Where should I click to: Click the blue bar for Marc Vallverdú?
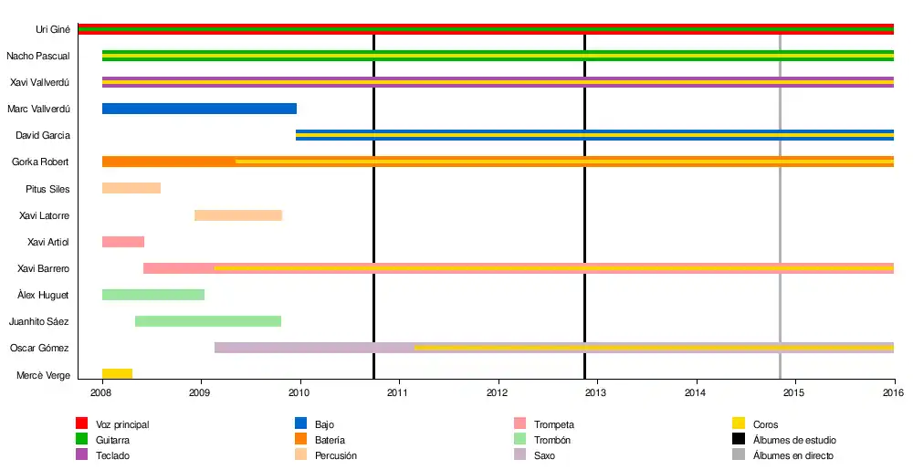click(199, 109)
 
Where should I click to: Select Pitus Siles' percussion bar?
click(131, 189)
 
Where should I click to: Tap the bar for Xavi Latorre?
click(238, 215)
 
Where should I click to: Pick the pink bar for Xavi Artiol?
click(123, 242)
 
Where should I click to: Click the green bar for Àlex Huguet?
click(153, 295)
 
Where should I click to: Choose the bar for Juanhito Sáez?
click(208, 321)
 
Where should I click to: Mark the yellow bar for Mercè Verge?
click(117, 374)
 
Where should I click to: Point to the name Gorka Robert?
click(41, 162)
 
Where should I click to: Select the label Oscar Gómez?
click(40, 349)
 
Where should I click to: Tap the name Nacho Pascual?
click(38, 56)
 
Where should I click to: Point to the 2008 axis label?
click(101, 393)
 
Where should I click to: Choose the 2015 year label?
click(795, 393)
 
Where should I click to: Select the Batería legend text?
click(330, 440)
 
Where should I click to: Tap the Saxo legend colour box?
click(521, 455)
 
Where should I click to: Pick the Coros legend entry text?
click(765, 424)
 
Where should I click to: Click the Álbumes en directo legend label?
click(792, 455)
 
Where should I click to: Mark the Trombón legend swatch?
click(521, 440)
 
